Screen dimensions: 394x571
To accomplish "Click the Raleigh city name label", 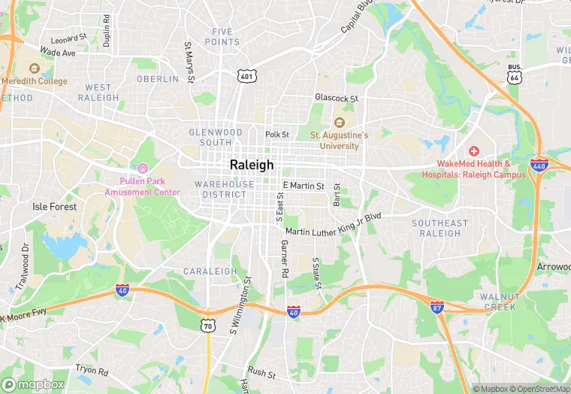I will click(252, 165).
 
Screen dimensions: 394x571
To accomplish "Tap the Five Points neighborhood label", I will click(226, 37).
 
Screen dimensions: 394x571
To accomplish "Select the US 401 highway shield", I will click(247, 76).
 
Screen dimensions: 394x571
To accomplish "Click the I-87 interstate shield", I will click(437, 307).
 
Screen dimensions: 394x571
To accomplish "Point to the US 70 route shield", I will click(207, 325).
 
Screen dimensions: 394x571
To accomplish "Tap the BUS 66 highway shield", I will click(514, 74).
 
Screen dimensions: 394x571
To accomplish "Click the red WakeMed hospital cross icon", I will click(474, 152).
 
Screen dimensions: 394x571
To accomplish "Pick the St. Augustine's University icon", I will click(340, 123).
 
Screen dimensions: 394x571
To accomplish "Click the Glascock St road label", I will click(337, 98).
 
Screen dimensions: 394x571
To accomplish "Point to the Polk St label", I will click(276, 135).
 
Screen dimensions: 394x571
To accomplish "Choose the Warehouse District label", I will click(224, 189).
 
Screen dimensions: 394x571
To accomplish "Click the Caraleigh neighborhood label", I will click(210, 271).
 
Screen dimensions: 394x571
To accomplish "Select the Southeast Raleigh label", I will click(440, 228).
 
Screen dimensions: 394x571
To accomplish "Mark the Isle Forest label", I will click(54, 206).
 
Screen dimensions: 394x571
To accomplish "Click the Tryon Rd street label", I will click(92, 371).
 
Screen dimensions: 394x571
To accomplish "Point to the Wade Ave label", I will click(58, 53).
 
